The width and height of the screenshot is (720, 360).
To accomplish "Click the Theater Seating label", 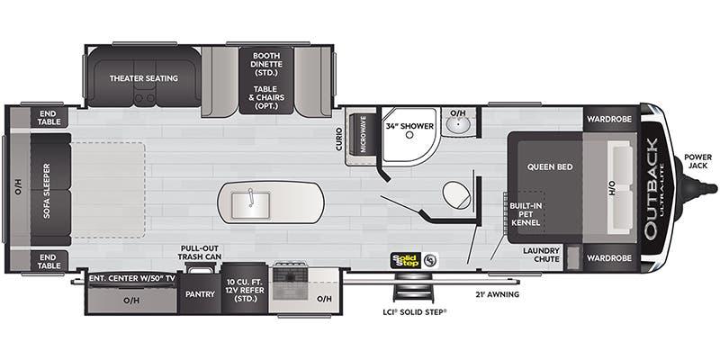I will coord(144,78).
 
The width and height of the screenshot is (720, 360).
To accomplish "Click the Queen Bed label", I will coord(545,166).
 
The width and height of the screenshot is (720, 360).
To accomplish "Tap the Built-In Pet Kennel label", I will coord(526,214).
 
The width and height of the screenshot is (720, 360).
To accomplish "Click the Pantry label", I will coord(198,292).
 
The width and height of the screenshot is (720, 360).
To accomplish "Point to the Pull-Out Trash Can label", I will coord(200,253).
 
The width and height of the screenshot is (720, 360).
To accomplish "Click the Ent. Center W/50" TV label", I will coord(131,278).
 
